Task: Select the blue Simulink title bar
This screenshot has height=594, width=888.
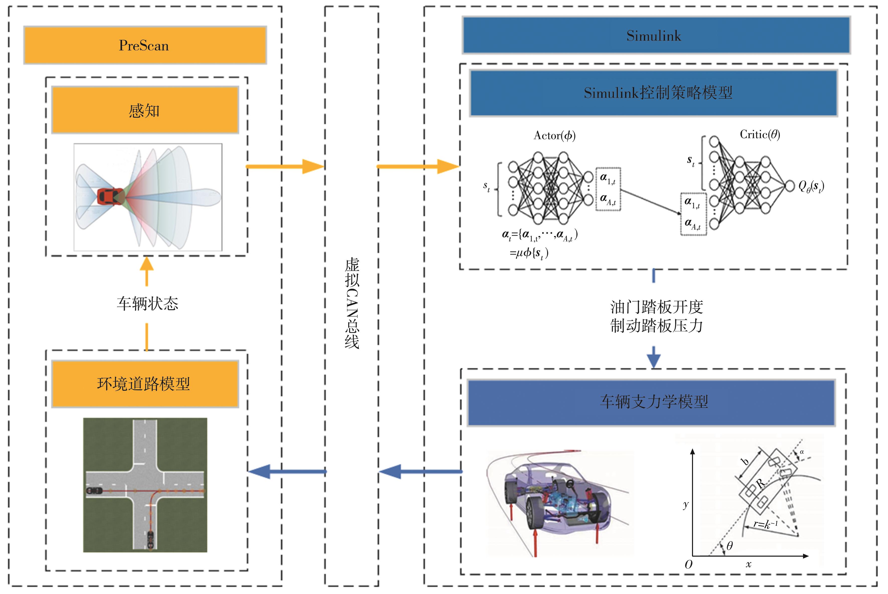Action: tap(656, 36)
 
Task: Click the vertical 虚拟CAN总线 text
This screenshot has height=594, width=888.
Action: tap(352, 303)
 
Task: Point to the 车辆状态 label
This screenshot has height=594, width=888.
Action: tap(147, 303)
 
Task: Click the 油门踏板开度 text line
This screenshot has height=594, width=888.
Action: tap(657, 307)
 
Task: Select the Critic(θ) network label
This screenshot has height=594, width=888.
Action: tap(760, 134)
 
